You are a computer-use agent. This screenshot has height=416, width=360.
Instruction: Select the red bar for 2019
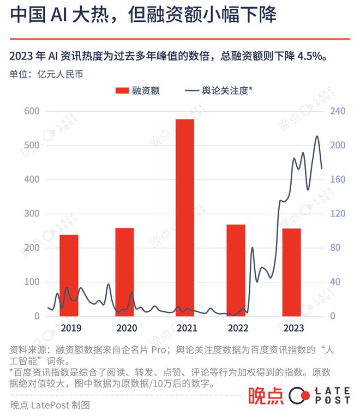tap(69, 275)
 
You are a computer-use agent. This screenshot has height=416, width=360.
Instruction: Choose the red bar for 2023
tap(291, 272)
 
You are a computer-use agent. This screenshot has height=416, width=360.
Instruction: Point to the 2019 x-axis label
tap(71, 328)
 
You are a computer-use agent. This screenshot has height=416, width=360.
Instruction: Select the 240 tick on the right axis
tap(337, 111)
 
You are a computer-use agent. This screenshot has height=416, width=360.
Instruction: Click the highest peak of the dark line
tap(317, 136)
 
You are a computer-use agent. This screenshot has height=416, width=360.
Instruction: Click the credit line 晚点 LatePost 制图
tap(49, 405)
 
